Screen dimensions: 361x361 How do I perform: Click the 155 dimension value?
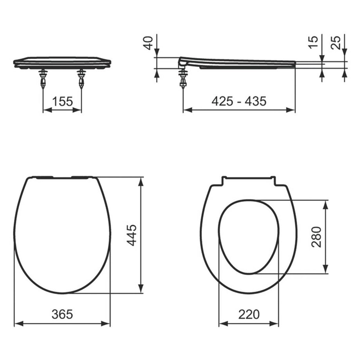tap(62, 102)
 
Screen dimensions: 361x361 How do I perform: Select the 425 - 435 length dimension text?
tap(239, 101)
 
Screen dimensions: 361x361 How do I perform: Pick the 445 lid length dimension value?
tap(132, 235)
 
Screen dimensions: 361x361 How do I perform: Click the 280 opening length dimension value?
tap(317, 237)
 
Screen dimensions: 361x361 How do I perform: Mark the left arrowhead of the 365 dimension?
tap(17, 323)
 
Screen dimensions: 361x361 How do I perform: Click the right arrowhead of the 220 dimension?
tap(276, 323)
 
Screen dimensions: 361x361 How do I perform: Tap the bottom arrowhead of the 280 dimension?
tap(326, 270)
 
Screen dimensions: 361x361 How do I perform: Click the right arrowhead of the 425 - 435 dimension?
tap(292, 110)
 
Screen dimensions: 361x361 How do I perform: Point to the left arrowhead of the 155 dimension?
tap(46, 110)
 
